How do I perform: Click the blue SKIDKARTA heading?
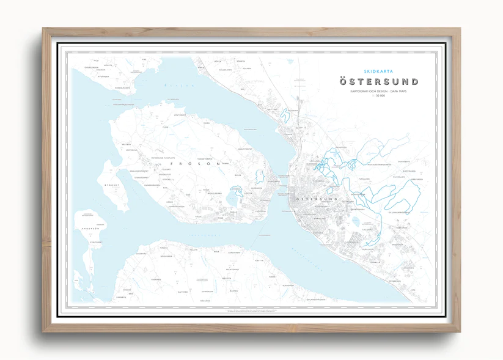point(379,72)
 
